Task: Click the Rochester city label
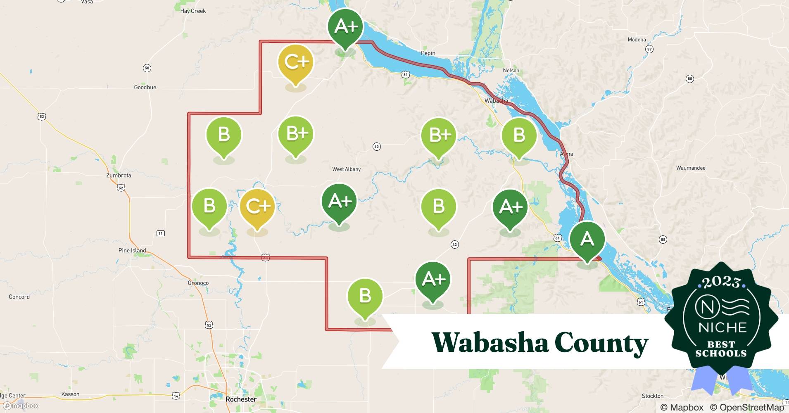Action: coord(241,399)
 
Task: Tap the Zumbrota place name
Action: coord(119,176)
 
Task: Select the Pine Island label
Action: coord(132,251)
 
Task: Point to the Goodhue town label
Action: coord(145,87)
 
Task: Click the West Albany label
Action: coord(346,169)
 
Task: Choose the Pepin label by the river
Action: coord(428,53)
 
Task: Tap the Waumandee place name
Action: coord(690,168)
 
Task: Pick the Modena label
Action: coord(637,40)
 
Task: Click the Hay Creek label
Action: coord(193,11)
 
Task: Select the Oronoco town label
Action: coord(198,283)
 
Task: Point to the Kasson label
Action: coord(70,394)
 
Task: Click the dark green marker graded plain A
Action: coord(587,240)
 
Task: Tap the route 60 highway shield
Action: coord(376,147)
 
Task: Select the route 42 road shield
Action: coord(454,244)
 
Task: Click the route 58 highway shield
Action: coord(147,68)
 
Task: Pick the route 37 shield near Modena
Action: coord(649,50)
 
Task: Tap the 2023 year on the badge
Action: coord(721,282)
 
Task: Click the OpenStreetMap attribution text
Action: coord(747,407)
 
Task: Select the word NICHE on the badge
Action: coord(722,328)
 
